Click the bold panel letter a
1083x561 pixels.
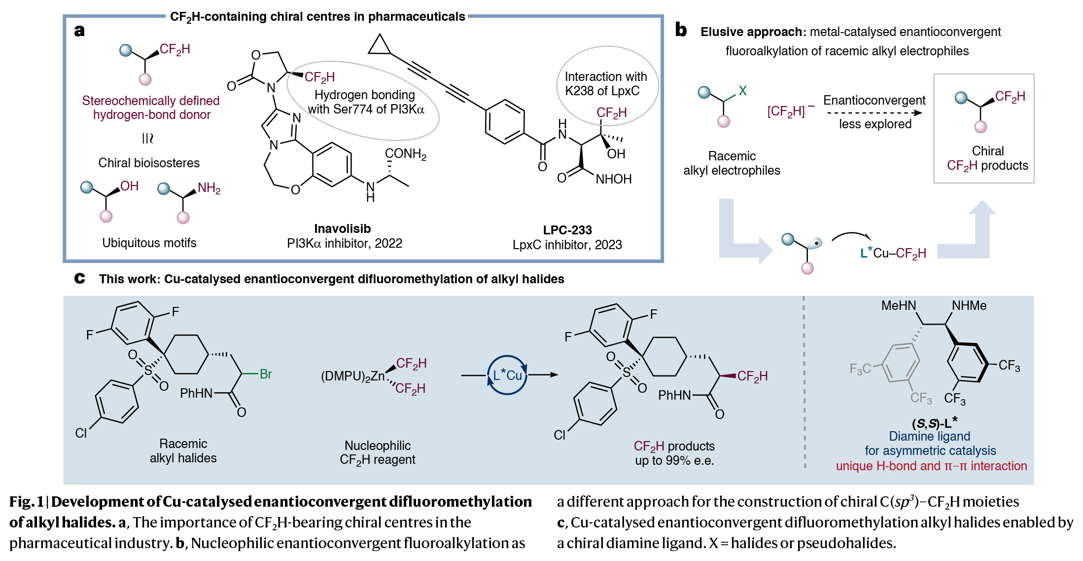coord(79,31)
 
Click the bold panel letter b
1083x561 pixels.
coord(681,30)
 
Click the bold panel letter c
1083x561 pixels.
coord(79,279)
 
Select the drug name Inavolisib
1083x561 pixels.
coord(342,229)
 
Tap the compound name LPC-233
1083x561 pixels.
coord(567,230)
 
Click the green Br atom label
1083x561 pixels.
coord(266,374)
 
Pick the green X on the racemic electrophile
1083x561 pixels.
coord(742,91)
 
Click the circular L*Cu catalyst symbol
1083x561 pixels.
coord(507,375)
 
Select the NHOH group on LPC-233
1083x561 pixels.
coord(613,180)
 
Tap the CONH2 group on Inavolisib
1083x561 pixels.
coord(405,154)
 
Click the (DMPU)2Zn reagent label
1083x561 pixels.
coord(352,376)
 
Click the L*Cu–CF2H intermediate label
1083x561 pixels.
coord(893,254)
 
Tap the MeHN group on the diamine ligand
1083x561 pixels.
coord(898,306)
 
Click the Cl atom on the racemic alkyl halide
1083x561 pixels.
coord(81,433)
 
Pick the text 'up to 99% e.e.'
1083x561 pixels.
coord(674,461)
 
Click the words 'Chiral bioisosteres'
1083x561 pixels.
coord(149,163)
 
